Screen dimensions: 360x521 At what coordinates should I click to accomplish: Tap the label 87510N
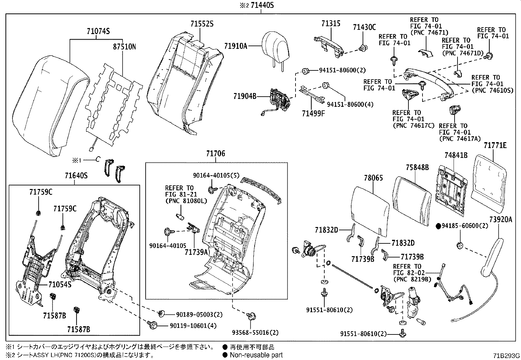(124, 47)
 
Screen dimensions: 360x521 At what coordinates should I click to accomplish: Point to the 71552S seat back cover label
(202, 24)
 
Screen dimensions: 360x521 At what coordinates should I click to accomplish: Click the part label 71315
(331, 24)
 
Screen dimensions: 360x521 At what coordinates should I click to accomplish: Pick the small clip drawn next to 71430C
(362, 48)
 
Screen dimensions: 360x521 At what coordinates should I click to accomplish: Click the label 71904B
(245, 96)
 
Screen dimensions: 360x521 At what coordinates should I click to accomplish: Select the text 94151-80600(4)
(350, 104)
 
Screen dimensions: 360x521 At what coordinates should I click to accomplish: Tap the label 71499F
(314, 113)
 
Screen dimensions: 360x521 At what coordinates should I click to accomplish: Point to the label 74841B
(456, 155)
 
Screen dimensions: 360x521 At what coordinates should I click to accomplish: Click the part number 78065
(373, 178)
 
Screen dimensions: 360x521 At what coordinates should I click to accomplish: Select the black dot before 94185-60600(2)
(439, 226)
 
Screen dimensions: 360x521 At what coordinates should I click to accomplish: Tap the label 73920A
(501, 220)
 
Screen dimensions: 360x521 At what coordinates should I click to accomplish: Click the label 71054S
(60, 284)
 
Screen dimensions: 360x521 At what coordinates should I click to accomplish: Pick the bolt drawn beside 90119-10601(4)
(153, 326)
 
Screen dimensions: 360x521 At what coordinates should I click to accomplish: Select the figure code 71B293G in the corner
(507, 355)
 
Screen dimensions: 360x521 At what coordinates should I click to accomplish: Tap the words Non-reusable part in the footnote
(256, 355)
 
